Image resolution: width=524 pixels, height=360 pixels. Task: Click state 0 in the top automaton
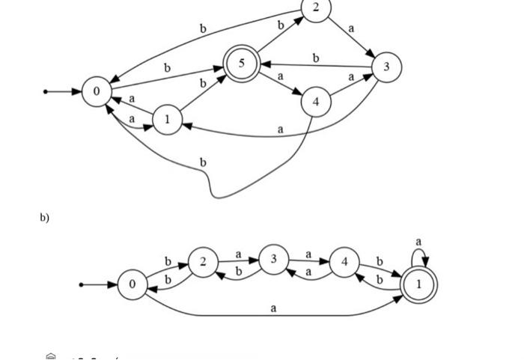[x=97, y=91]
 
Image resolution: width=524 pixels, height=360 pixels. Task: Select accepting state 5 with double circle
[x=241, y=64]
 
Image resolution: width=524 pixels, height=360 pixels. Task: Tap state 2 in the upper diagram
[x=316, y=8]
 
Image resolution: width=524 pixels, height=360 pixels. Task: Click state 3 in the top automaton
[x=386, y=67]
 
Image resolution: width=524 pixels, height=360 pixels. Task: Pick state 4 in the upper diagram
[x=316, y=102]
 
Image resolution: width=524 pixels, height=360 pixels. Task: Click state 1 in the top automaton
[x=167, y=119]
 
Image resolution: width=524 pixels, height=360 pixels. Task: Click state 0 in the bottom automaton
[x=132, y=284]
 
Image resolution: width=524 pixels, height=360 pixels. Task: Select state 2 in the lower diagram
[x=202, y=262]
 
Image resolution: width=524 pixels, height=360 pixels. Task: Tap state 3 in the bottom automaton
[x=274, y=259]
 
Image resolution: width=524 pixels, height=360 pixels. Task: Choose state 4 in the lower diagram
[x=344, y=262]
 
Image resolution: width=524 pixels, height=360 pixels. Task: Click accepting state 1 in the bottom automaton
[x=418, y=284]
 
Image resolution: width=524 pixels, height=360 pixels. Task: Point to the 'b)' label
[x=45, y=218]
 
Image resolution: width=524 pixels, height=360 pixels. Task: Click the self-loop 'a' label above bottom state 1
[x=419, y=242]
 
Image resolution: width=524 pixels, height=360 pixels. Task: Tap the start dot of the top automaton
[x=46, y=91]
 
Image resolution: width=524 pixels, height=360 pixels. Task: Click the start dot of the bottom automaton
[x=82, y=284]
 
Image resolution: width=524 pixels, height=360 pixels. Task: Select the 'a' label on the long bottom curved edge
[x=273, y=308]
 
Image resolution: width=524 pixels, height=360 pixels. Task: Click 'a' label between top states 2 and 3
[x=351, y=28]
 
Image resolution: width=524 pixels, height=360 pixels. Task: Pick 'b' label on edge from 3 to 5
[x=316, y=58]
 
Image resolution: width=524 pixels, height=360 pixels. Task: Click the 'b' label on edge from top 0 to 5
[x=167, y=68]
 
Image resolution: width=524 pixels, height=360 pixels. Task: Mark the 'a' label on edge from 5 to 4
[x=280, y=76]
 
